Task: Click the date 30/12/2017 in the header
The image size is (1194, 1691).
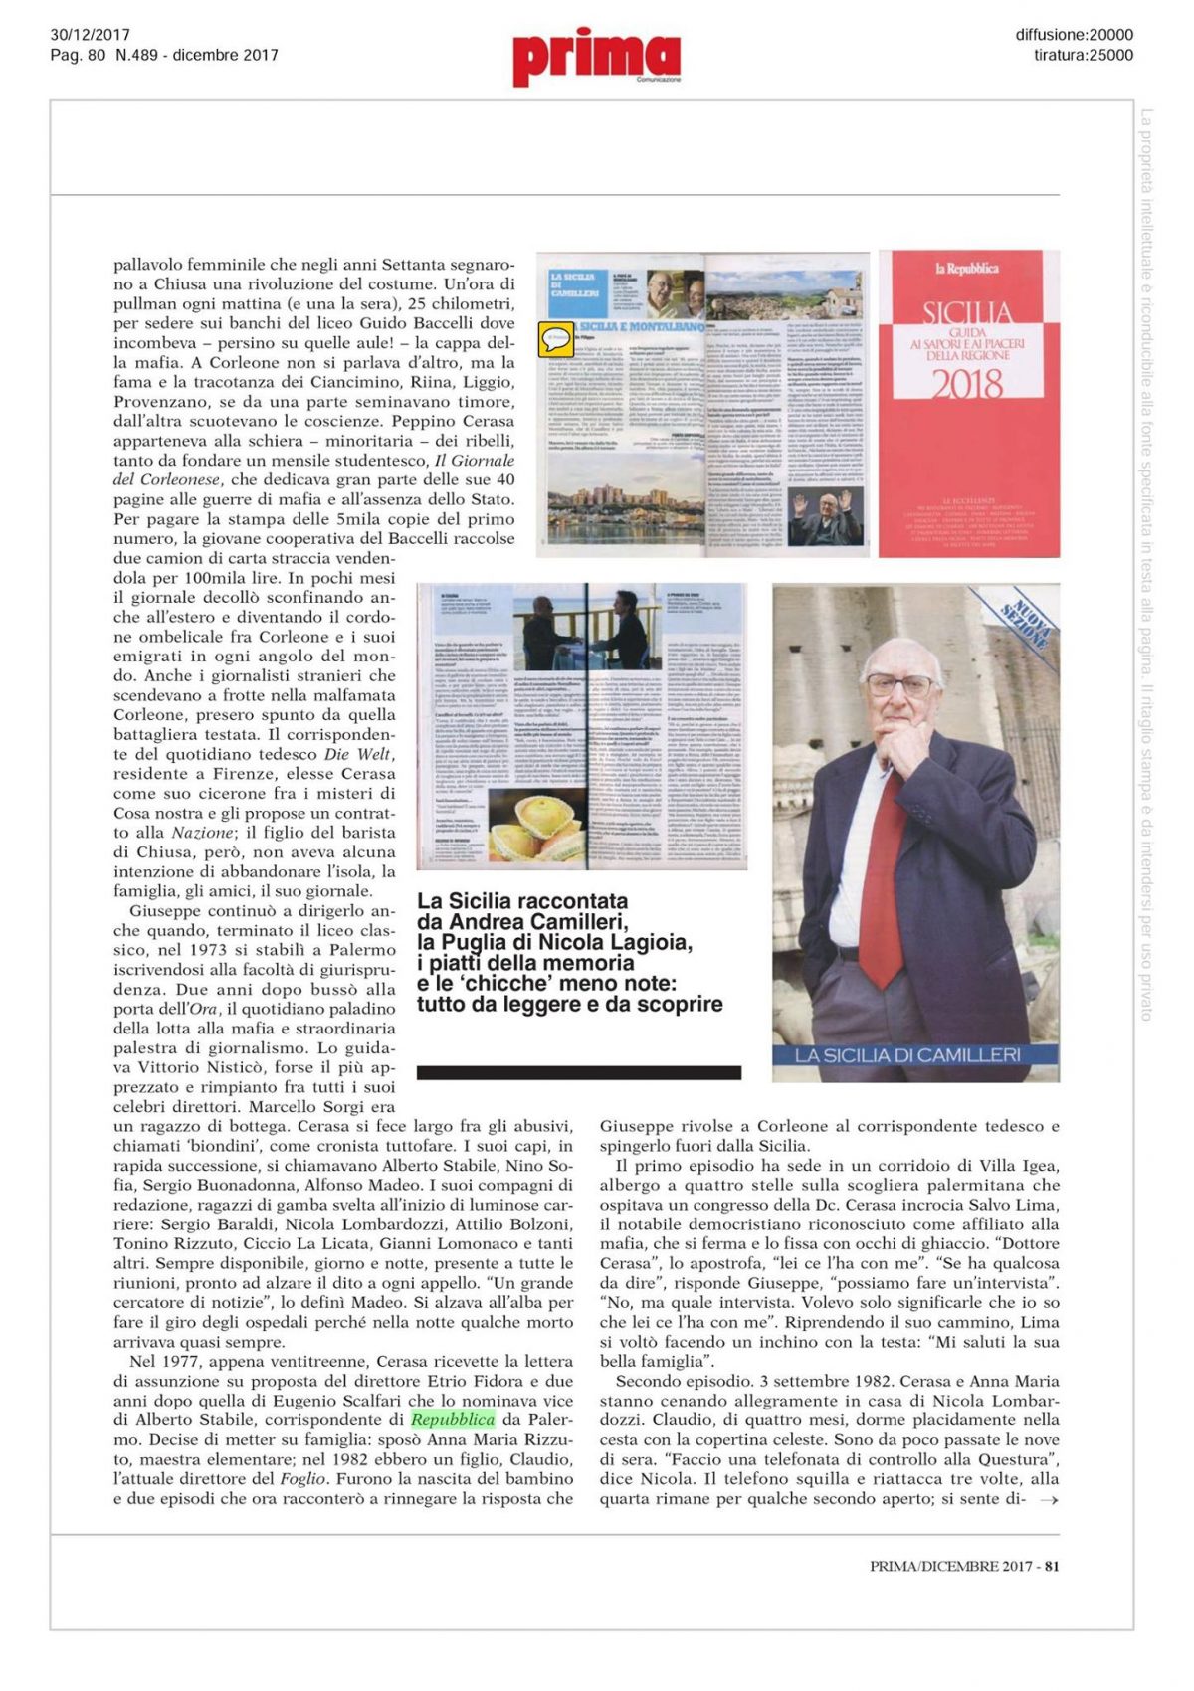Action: (90, 35)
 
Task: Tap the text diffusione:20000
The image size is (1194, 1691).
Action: (1074, 35)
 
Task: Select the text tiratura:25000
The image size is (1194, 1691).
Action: (1083, 55)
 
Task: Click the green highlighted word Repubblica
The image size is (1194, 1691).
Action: (453, 1419)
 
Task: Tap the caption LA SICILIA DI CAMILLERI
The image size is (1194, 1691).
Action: (907, 1054)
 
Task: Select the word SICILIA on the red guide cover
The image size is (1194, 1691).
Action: (967, 313)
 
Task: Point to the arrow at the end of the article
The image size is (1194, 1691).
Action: (1048, 1500)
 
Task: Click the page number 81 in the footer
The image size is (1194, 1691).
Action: (1052, 1566)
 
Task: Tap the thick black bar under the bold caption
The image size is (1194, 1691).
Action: (578, 1072)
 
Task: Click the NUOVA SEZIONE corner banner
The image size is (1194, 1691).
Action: (1025, 621)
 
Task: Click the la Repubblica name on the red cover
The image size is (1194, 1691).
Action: (966, 269)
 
